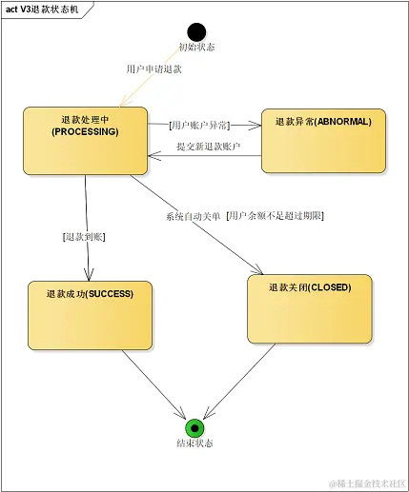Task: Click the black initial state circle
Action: pyautogui.click(x=196, y=32)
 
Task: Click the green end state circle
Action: pyautogui.click(x=194, y=427)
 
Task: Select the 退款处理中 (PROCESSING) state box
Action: pyautogui.click(x=85, y=140)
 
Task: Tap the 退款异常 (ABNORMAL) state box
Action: pyautogui.click(x=323, y=140)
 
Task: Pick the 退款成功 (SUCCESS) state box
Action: pyautogui.click(x=90, y=315)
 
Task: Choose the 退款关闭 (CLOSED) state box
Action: pyautogui.click(x=309, y=308)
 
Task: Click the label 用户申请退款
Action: pyautogui.click(x=153, y=69)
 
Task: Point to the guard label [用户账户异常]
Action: pyautogui.click(x=198, y=125)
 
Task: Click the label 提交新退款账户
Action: pyautogui.click(x=208, y=147)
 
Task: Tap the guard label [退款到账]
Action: pyautogui.click(x=82, y=236)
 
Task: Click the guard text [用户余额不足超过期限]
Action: pyautogui.click(x=276, y=215)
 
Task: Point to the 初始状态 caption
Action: pyautogui.click(x=196, y=48)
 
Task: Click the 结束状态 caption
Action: pyautogui.click(x=194, y=444)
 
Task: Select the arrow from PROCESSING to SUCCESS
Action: pyautogui.click(x=87, y=228)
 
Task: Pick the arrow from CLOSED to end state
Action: pyautogui.click(x=243, y=383)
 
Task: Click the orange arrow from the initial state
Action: pyautogui.click(x=157, y=76)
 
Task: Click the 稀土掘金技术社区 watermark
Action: pyautogui.click(x=367, y=482)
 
